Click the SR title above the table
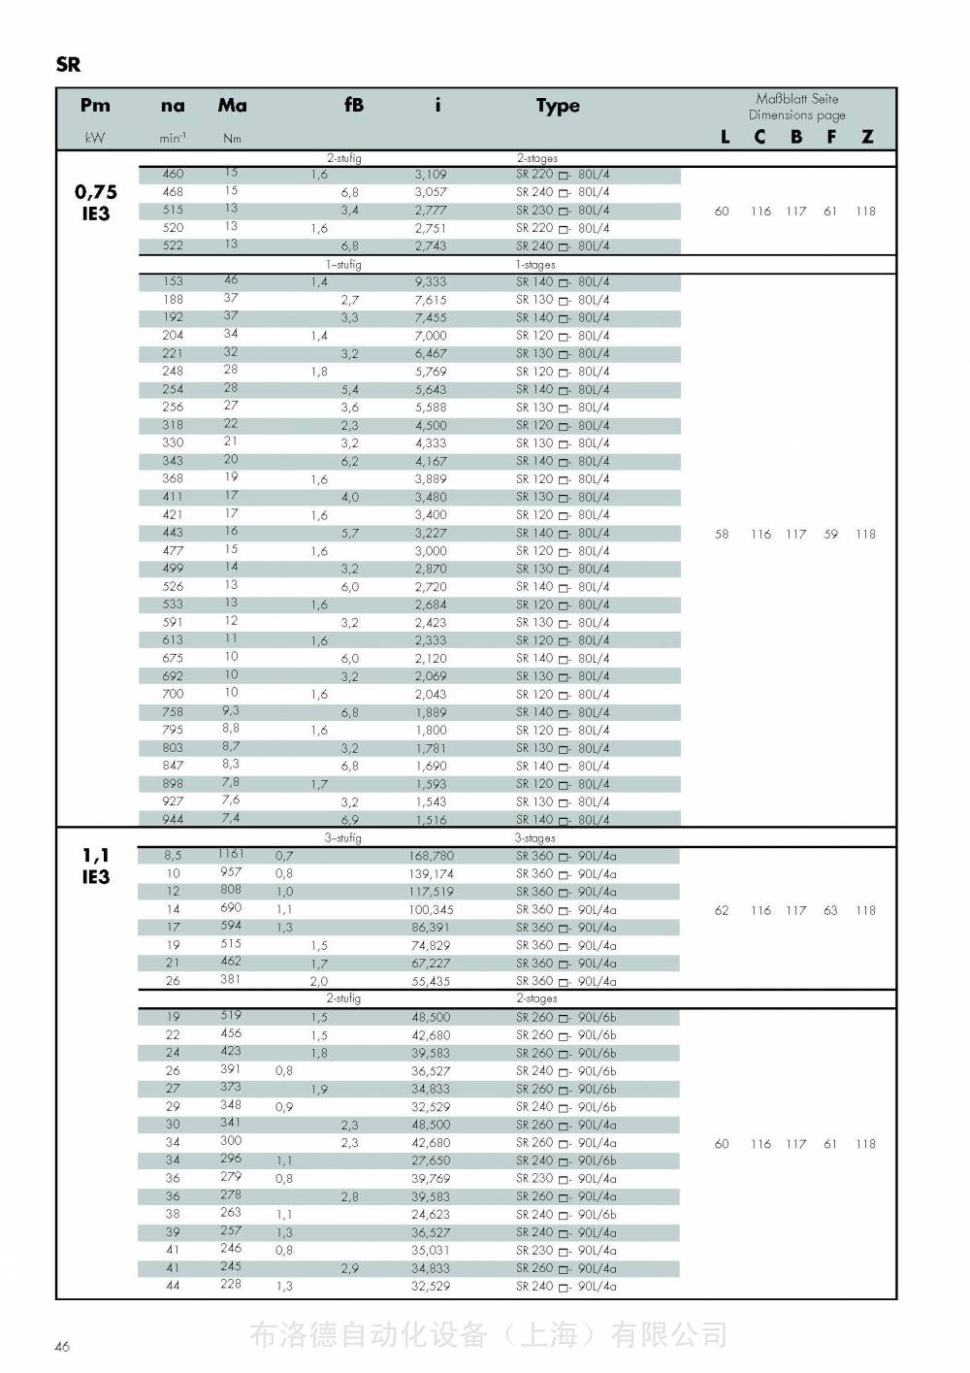68,65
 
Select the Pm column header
95,106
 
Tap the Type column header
558,106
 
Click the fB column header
354,105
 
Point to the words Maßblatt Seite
797,99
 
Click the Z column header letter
867,137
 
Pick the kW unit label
95,138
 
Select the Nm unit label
232,138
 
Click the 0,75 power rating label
96,192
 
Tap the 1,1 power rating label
96,855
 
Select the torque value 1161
231,854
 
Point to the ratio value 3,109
431,175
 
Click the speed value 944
173,819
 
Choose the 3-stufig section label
342,837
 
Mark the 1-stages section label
535,264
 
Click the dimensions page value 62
722,910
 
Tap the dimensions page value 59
830,534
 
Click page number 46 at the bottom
62,1346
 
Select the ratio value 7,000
431,336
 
